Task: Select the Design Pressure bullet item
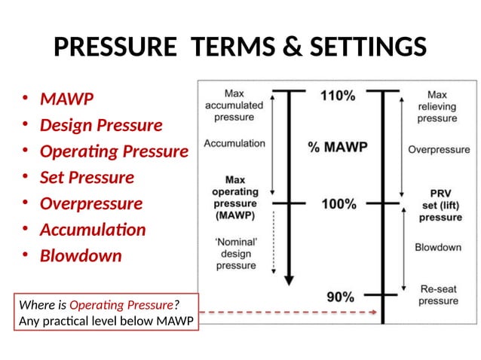coord(100,125)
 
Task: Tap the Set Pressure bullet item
coord(87,178)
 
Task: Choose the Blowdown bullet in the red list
coord(80,256)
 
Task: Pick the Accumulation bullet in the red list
coord(93,230)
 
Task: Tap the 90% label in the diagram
coord(340,296)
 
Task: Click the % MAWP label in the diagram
coord(337,147)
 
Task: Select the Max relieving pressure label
coord(437,107)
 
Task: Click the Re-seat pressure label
coord(438,294)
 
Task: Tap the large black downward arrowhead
coord(287,280)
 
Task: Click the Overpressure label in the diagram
coord(439,150)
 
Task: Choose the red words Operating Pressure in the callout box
coord(121,305)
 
